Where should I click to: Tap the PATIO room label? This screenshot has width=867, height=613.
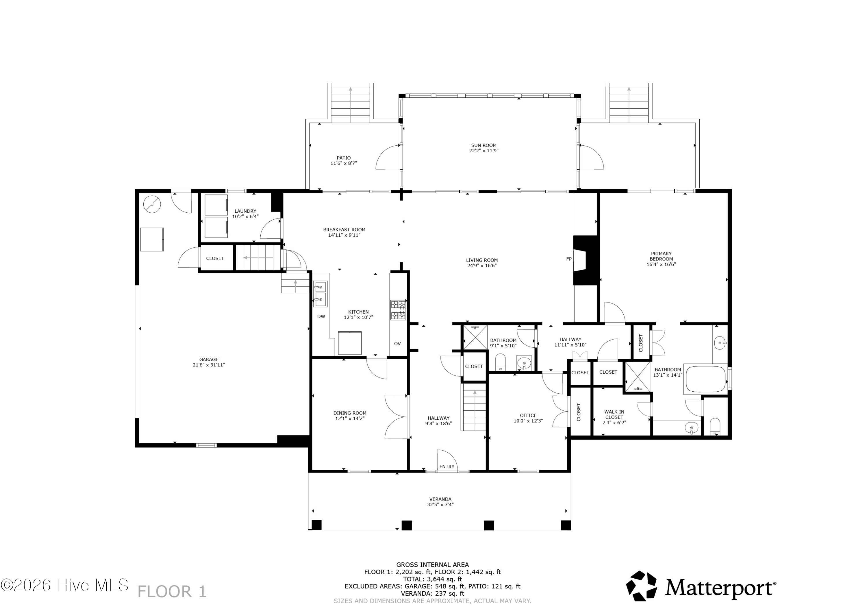pyautogui.click(x=344, y=158)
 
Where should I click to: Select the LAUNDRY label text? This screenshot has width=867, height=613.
pyautogui.click(x=245, y=211)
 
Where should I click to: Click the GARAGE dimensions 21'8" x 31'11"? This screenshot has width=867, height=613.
pyautogui.click(x=209, y=365)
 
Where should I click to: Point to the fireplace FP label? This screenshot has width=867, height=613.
pyautogui.click(x=569, y=259)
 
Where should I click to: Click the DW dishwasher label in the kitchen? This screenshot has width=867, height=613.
pyautogui.click(x=321, y=316)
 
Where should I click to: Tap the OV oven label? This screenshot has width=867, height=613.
pyautogui.click(x=397, y=344)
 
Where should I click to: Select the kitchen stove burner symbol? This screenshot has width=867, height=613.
pyautogui.click(x=398, y=310)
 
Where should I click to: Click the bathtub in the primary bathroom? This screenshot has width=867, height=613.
pyautogui.click(x=706, y=379)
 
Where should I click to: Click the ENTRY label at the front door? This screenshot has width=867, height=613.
pyautogui.click(x=447, y=467)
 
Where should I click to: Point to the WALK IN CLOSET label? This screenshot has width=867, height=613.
pyautogui.click(x=614, y=414)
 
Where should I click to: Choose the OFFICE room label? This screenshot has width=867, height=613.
pyautogui.click(x=528, y=416)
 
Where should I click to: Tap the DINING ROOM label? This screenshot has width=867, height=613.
pyautogui.click(x=350, y=413)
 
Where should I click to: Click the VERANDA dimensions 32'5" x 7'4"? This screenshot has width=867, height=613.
pyautogui.click(x=440, y=505)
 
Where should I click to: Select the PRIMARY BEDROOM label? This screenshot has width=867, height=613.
pyautogui.click(x=661, y=256)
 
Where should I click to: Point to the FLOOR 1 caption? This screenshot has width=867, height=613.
pyautogui.click(x=172, y=592)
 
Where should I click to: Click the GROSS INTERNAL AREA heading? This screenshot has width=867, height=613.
pyautogui.click(x=432, y=565)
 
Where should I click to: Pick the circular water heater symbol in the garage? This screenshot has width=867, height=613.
pyautogui.click(x=152, y=204)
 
